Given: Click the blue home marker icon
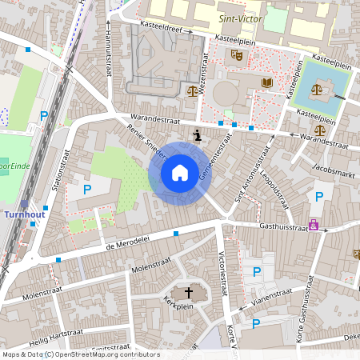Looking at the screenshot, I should point(180,173).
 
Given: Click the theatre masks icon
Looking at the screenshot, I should point(237,55).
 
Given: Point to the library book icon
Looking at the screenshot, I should point(266,82).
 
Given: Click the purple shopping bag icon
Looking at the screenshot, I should point(313,225).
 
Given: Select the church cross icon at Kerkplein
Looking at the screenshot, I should point(190,291).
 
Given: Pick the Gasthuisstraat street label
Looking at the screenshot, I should point(284,227).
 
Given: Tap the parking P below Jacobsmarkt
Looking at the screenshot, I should point(319,196).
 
